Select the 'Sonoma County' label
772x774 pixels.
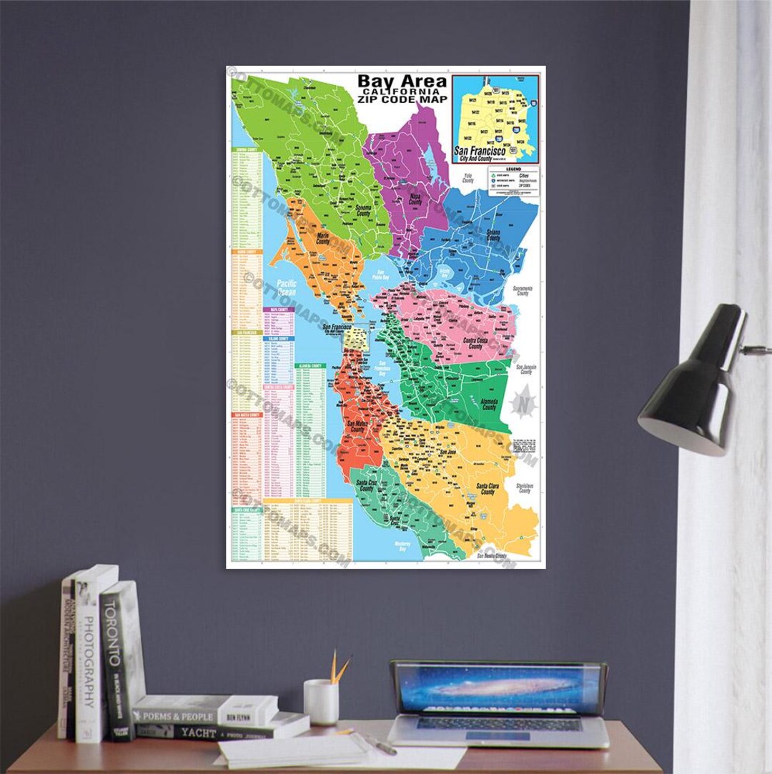point(367,211)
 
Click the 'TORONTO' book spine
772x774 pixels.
point(117,661)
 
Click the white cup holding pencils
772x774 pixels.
point(322,701)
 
